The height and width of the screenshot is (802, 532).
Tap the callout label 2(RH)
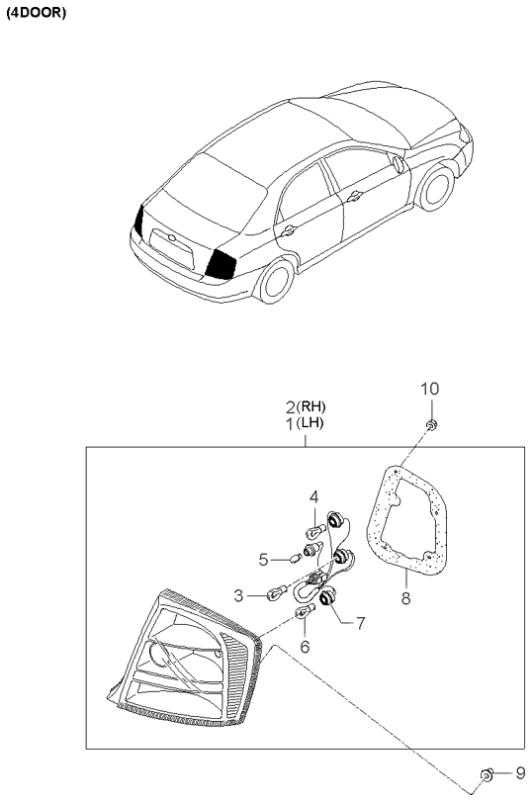(306, 406)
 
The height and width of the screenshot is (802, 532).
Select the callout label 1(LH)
(306, 423)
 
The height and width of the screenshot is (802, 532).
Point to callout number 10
(429, 389)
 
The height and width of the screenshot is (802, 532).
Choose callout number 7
(361, 624)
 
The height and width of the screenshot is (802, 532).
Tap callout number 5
(264, 560)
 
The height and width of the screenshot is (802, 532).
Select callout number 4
(313, 496)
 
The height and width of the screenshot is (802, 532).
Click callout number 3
(239, 594)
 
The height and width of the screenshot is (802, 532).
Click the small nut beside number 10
(432, 425)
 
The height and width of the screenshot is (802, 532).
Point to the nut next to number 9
(485, 773)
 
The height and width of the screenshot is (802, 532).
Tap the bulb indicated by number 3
(277, 593)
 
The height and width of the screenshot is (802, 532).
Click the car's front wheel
(434, 188)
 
